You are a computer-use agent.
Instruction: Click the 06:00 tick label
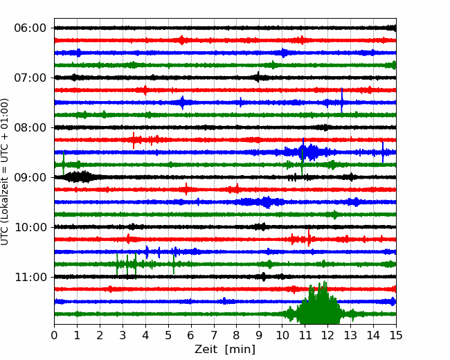[x=30, y=28]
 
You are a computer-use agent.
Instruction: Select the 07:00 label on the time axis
[x=30, y=78]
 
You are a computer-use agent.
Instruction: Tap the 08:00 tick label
[x=30, y=127]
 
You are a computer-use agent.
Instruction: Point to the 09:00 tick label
[x=30, y=177]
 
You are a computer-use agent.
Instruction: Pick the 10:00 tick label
[x=30, y=227]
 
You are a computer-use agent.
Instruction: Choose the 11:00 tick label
[x=30, y=277]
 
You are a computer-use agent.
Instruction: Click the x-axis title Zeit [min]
[x=225, y=350]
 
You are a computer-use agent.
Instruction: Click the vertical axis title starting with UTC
[x=4, y=172]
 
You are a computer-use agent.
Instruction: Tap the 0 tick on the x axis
[x=54, y=335]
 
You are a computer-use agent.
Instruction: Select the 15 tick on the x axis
[x=396, y=335]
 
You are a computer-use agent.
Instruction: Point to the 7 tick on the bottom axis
[x=214, y=335]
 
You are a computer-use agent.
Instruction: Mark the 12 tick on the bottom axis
[x=327, y=335]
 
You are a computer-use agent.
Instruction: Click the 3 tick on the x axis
[x=123, y=335]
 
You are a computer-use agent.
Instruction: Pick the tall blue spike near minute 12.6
[x=341, y=100]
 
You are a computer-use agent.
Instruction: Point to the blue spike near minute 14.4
[x=383, y=152]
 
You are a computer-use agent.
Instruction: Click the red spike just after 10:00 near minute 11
[x=309, y=237]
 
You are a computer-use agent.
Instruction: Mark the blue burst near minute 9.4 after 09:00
[x=267, y=202]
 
